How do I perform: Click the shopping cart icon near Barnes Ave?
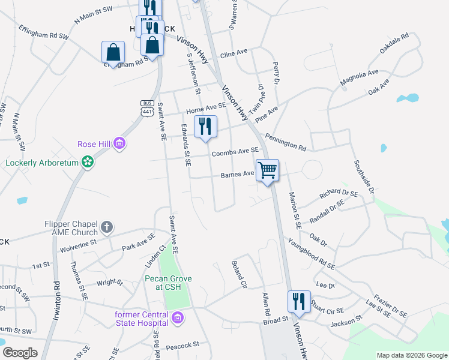[267, 170]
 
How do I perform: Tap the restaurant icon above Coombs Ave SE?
[206, 126]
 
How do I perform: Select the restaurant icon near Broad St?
[298, 301]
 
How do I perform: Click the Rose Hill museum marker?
[120, 143]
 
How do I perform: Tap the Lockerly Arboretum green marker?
[88, 162]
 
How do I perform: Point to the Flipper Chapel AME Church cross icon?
[107, 227]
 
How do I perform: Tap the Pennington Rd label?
[285, 142]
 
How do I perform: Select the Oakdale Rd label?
[394, 45]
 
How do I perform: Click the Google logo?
[20, 353]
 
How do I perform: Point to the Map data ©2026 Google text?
[411, 355]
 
